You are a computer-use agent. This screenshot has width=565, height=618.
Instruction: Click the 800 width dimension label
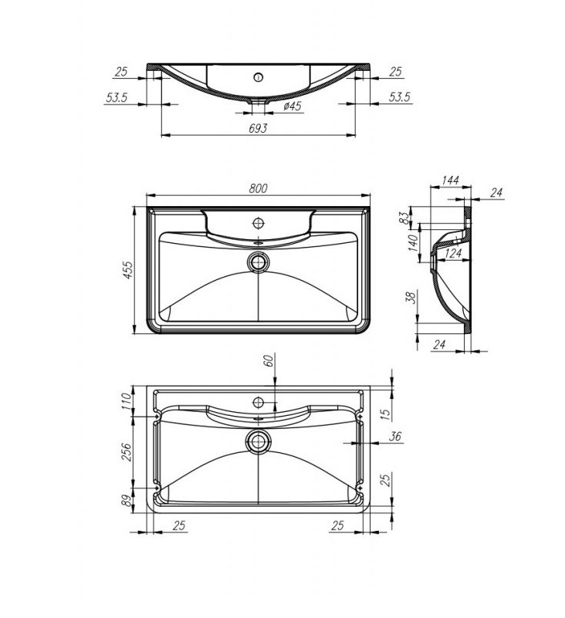[258, 188]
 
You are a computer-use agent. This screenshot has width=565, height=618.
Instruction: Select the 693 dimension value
[258, 128]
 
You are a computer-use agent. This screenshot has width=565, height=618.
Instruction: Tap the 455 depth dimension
[129, 270]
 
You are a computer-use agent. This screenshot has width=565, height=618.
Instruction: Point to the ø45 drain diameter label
[293, 106]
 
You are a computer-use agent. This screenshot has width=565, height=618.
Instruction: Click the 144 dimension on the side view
[450, 180]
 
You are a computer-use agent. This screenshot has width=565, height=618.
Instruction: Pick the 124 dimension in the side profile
[452, 253]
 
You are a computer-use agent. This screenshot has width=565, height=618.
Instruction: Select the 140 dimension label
[413, 243]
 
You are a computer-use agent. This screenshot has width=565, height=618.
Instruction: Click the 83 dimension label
[404, 217]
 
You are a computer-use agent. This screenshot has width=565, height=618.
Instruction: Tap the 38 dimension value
[411, 297]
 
